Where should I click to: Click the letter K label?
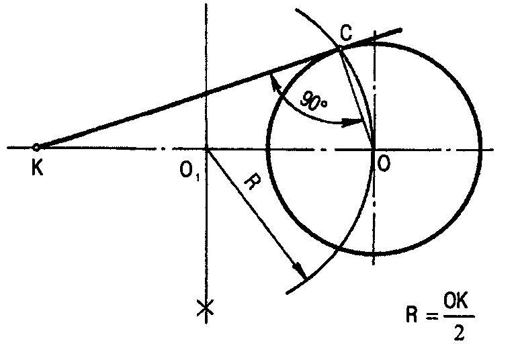(x=37, y=169)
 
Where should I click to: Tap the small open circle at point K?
(x=37, y=147)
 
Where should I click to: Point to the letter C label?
(x=344, y=35)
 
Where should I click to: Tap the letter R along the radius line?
(x=248, y=183)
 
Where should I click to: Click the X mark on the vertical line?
(x=206, y=308)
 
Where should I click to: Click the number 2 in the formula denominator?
(x=459, y=333)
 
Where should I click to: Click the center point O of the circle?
(x=374, y=148)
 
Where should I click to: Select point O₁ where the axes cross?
(x=206, y=148)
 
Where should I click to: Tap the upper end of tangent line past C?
(x=400, y=30)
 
